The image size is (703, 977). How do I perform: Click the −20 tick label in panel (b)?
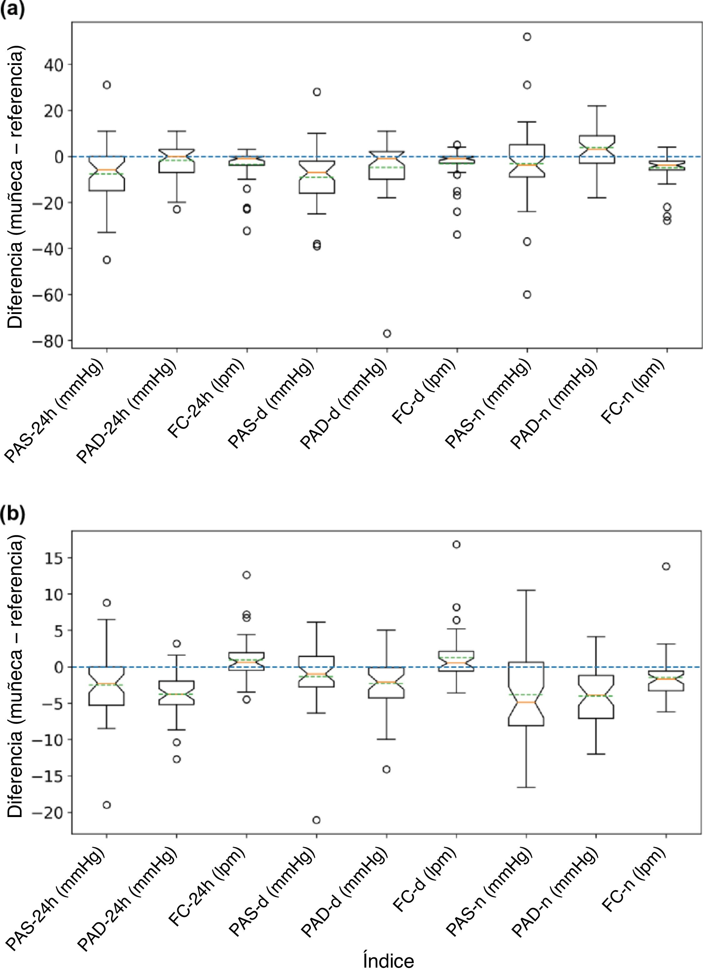(x=45, y=813)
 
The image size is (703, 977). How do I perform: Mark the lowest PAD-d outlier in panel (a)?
(x=387, y=333)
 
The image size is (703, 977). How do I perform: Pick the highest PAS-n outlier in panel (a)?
(x=527, y=37)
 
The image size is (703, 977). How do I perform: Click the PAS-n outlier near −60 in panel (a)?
(x=527, y=295)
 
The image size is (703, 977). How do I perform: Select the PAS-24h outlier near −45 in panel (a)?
(x=107, y=260)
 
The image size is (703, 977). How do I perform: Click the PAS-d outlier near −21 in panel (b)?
(x=317, y=820)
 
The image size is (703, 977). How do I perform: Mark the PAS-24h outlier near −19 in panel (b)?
(x=107, y=805)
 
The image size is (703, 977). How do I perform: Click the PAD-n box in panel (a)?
(x=596, y=149)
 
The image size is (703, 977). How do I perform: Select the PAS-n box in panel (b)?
(x=527, y=694)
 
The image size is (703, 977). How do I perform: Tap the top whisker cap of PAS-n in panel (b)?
(x=527, y=590)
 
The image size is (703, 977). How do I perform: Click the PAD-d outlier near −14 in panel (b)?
(x=387, y=769)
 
